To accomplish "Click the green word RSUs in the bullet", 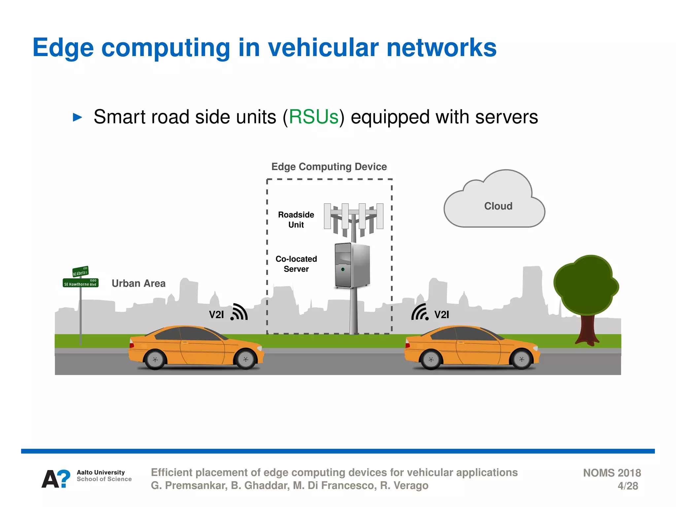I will tap(314, 117).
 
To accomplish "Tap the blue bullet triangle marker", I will tap(77, 117).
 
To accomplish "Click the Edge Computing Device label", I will tap(329, 167).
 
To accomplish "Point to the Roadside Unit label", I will tap(296, 220).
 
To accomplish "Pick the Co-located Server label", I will tap(296, 264).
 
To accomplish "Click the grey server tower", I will tap(352, 265).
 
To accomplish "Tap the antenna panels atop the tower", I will tap(354, 217).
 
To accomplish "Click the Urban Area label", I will tap(138, 283).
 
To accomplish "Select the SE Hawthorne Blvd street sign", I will tap(81, 283).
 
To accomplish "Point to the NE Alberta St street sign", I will tap(81, 272).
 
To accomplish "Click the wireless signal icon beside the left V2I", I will tap(239, 312).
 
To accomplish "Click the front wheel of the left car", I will tap(246, 359).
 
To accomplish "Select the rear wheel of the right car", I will tap(431, 359).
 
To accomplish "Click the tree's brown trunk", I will tap(587, 330).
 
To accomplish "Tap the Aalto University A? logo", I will tap(56, 479).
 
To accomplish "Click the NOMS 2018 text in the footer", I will tap(612, 473).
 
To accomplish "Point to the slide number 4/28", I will tap(627, 486).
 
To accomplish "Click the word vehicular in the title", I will tap(323, 48).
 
